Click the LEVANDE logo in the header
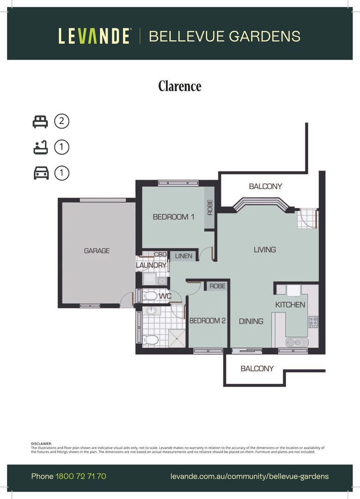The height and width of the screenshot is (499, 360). (x=94, y=36)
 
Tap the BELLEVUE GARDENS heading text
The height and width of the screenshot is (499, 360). (x=225, y=36)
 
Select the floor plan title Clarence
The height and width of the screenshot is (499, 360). (x=180, y=86)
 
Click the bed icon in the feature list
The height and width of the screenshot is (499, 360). (x=40, y=122)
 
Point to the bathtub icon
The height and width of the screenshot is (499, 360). (x=40, y=147)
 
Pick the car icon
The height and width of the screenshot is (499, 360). (x=40, y=173)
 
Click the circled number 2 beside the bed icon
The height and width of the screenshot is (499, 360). (x=61, y=122)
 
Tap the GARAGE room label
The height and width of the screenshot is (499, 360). (x=97, y=251)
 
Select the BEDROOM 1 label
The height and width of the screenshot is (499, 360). (x=173, y=217)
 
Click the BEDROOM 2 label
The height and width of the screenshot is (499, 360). (x=207, y=321)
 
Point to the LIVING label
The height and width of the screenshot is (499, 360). (x=265, y=249)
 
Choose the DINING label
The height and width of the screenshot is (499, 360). (x=251, y=321)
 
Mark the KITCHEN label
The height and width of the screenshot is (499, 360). (x=290, y=304)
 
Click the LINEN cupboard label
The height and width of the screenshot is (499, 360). (x=183, y=256)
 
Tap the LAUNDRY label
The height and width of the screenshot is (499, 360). (x=151, y=266)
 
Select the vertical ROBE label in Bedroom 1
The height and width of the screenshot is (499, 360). (x=210, y=207)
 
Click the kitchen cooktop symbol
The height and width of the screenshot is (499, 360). (x=313, y=321)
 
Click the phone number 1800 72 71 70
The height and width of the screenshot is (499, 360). (x=81, y=476)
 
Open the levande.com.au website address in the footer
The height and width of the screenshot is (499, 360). (x=250, y=476)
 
